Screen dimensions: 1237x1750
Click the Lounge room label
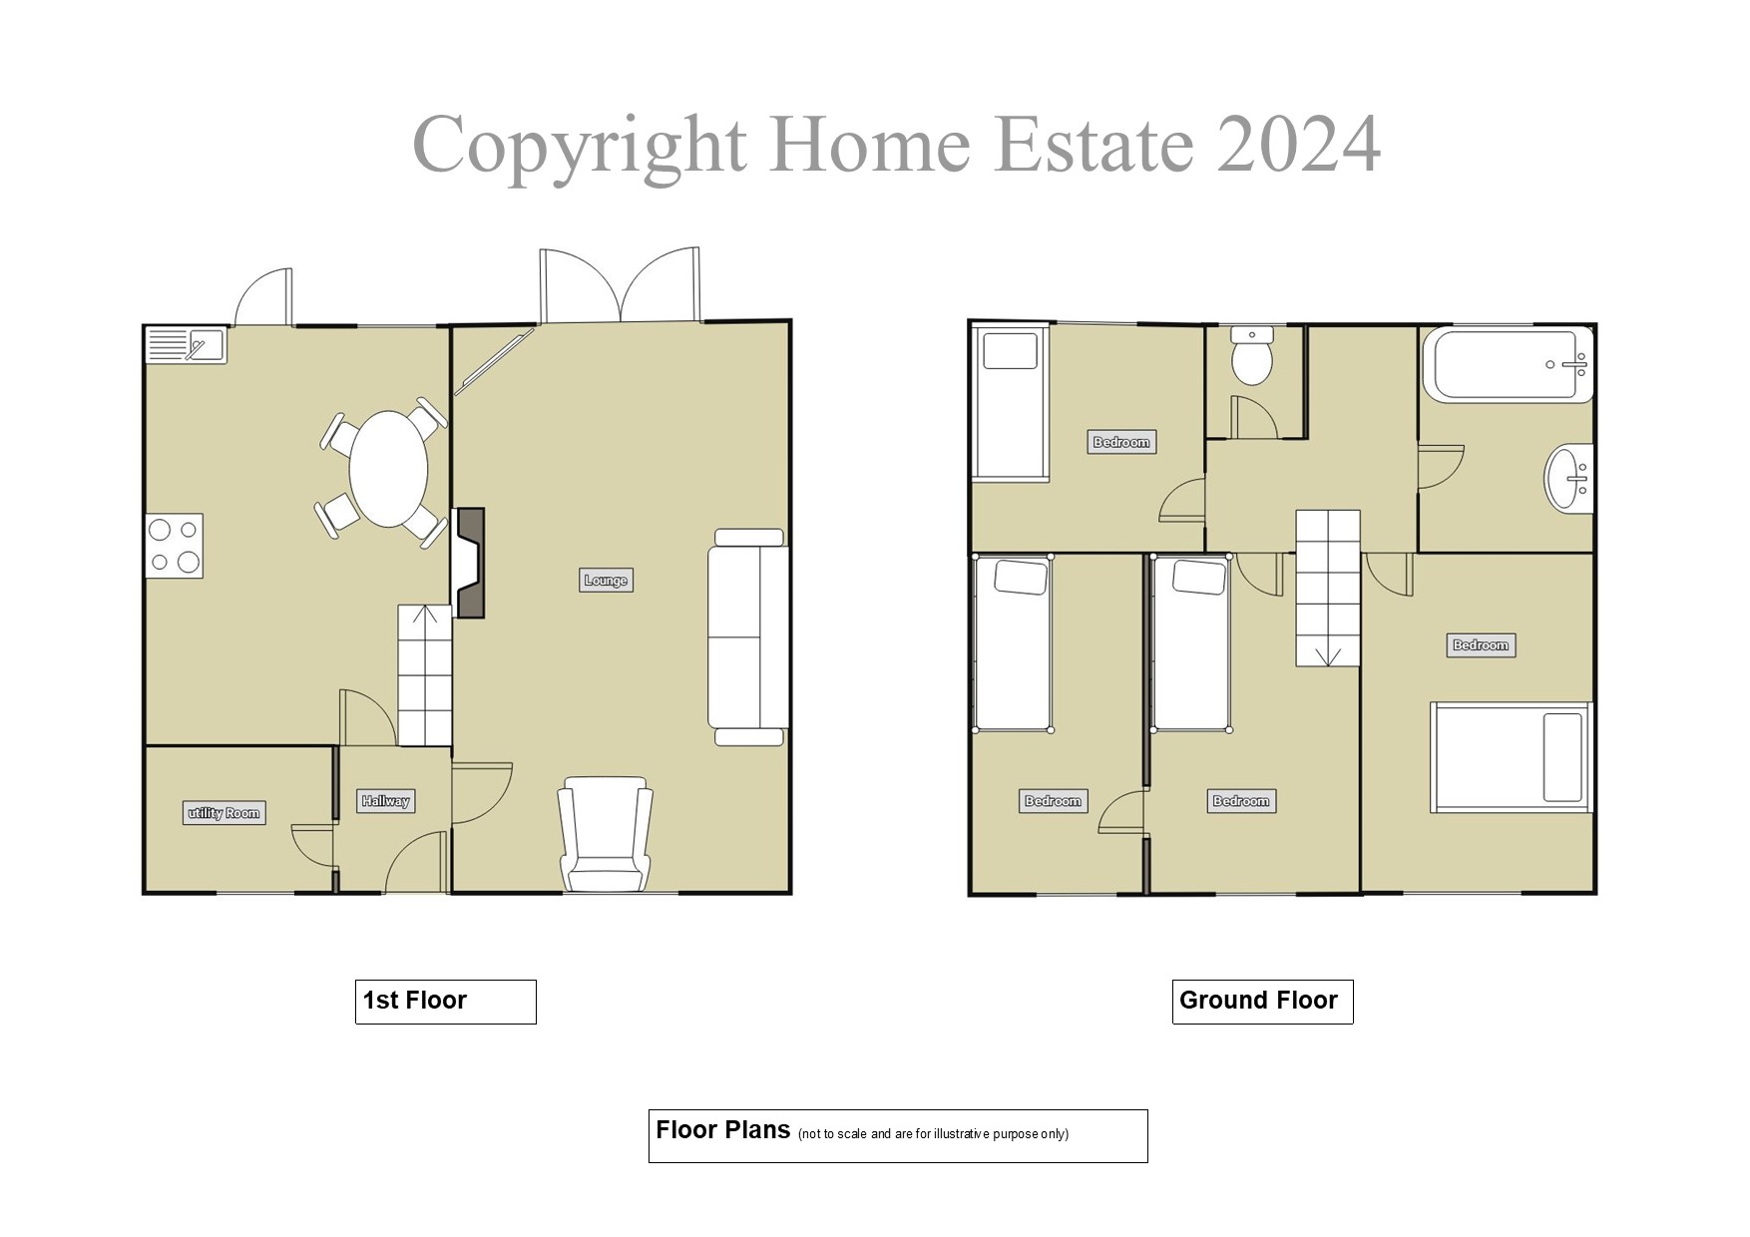tap(606, 580)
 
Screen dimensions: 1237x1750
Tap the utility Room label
tap(224, 813)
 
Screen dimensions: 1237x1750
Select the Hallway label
tap(385, 801)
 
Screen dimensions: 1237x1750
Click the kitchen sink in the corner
tap(187, 346)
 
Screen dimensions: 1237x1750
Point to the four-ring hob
tap(175, 546)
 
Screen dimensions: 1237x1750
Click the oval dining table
tap(388, 469)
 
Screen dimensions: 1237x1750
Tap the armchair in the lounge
tap(606, 835)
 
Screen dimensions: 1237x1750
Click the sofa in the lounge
tap(748, 637)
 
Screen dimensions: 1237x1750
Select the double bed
tap(1511, 757)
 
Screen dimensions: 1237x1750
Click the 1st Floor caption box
tap(445, 1001)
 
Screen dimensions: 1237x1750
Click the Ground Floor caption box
tap(1261, 1001)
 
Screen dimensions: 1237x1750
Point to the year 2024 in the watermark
tap(1298, 146)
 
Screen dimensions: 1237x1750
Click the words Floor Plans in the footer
tap(723, 1130)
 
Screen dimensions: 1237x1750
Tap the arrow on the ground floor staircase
tap(1327, 655)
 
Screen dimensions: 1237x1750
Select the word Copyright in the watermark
tap(580, 146)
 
